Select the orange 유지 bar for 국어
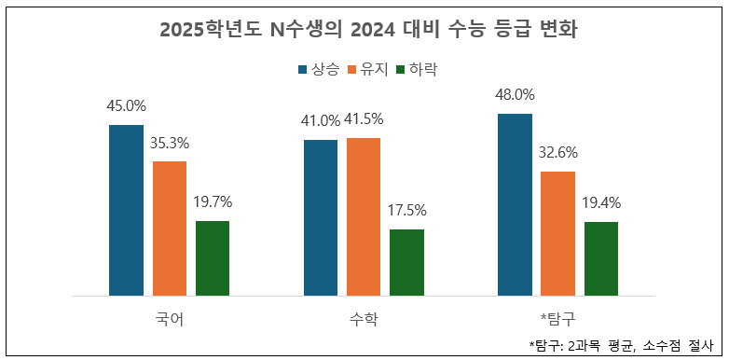tap(170, 228)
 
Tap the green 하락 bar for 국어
tap(213, 258)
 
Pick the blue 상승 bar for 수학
tap(321, 217)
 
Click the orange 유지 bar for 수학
tap(364, 216)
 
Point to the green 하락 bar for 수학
tap(406, 262)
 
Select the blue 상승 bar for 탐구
tap(515, 204)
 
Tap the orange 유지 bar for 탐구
tap(557, 233)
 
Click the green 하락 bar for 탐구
tap(601, 258)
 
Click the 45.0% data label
tap(126, 105)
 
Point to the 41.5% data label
tap(364, 119)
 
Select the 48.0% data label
tap(515, 94)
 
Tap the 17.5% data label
tap(406, 210)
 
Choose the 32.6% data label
tap(557, 153)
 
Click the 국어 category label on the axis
tap(170, 319)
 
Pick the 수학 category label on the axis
tap(364, 319)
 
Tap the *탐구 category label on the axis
tap(557, 319)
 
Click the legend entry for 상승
tap(318, 69)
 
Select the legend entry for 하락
tap(416, 69)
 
